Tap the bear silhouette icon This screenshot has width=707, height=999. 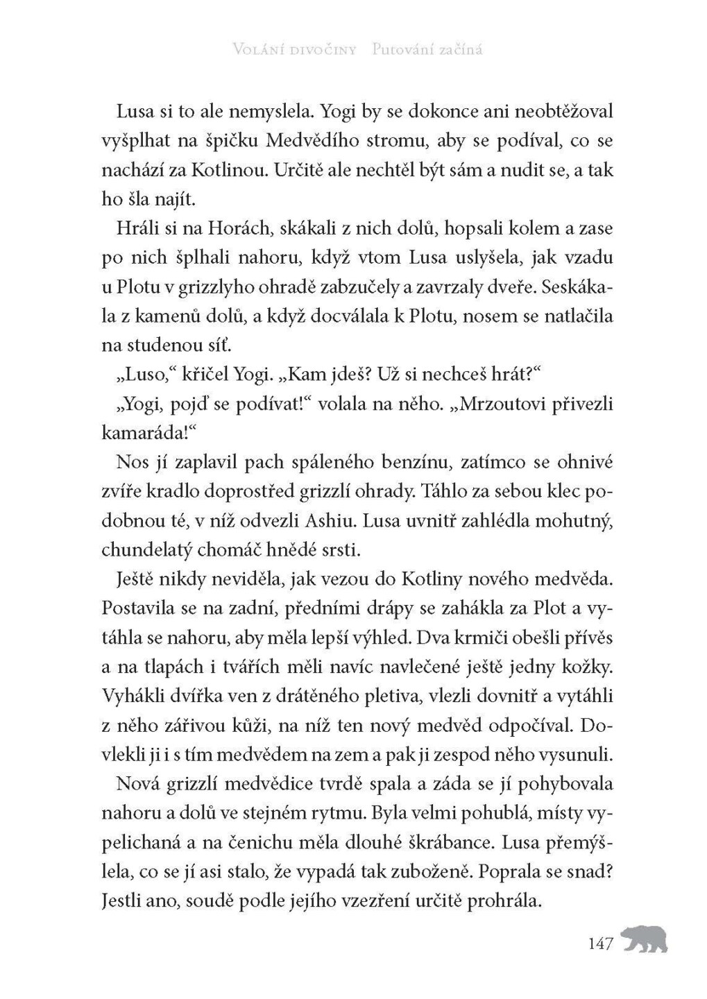click(x=644, y=939)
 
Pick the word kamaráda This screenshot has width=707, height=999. click(x=144, y=434)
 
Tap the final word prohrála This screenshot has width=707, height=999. click(x=504, y=900)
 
